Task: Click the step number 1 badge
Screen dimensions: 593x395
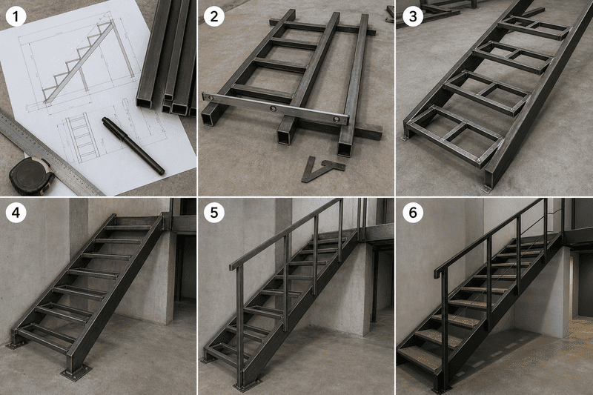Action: [x=16, y=16]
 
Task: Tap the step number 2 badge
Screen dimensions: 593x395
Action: [x=214, y=16]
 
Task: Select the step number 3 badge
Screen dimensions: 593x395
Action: [x=413, y=16]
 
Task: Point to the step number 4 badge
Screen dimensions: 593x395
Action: [x=16, y=213]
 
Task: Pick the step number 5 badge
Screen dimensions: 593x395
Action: [x=214, y=213]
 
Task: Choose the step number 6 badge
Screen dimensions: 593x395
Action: [x=413, y=213]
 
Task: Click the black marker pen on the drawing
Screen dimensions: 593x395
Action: [x=133, y=145]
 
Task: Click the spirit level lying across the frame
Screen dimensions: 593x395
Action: [x=275, y=109]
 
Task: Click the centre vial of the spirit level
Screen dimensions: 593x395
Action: [x=273, y=109]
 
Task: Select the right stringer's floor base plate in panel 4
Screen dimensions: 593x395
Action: [x=76, y=373]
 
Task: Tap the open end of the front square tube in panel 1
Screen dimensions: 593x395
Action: [x=145, y=102]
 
